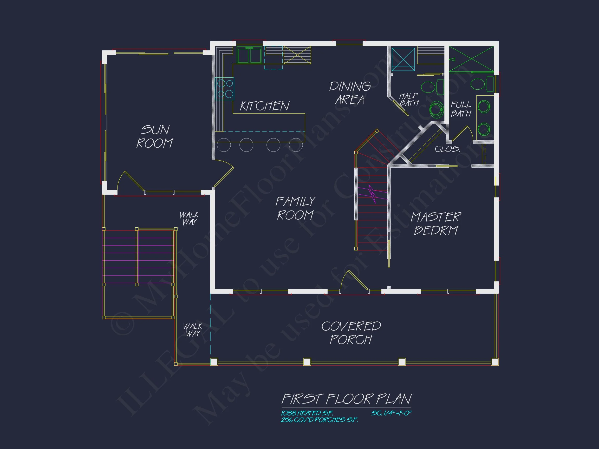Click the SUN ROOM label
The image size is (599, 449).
(155, 136)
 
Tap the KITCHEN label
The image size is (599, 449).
(265, 106)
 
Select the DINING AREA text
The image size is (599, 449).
(350, 93)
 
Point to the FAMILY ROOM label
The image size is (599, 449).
(295, 208)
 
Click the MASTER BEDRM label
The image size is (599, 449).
(436, 224)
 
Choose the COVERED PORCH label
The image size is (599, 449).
(351, 333)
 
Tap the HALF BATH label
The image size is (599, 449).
(409, 100)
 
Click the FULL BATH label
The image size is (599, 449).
(461, 109)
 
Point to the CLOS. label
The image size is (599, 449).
(447, 149)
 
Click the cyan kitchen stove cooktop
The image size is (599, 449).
(224, 89)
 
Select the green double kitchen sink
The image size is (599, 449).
(249, 55)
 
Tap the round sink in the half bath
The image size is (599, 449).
(437, 110)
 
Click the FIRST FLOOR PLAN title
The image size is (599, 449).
(347, 399)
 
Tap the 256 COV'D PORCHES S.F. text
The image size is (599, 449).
(319, 420)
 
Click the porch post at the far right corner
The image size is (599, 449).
(495, 362)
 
